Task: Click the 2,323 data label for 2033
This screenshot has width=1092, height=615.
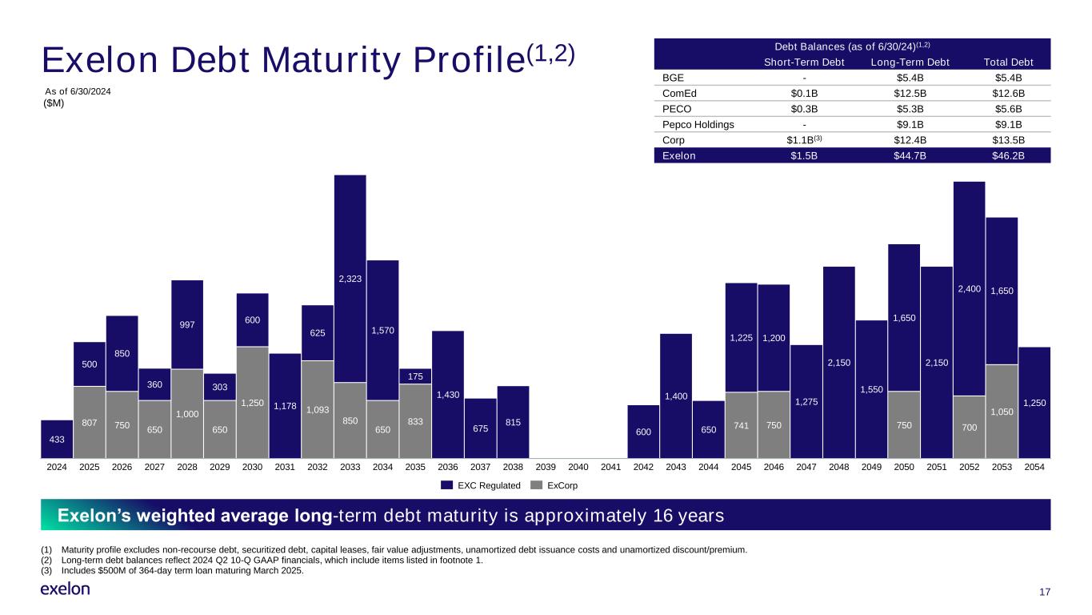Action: point(350,279)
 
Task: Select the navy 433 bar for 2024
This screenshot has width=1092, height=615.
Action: point(57,437)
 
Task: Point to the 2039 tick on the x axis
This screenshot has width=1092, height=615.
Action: point(545,466)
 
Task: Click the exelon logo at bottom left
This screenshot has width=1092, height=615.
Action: point(65,589)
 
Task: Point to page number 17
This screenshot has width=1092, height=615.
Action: point(1043,592)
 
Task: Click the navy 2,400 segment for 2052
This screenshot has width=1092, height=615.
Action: point(969,288)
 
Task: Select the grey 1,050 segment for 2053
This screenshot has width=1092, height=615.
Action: point(1002,410)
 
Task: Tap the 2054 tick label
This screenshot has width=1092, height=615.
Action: point(1034,466)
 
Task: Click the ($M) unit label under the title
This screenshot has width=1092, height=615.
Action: point(54,104)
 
